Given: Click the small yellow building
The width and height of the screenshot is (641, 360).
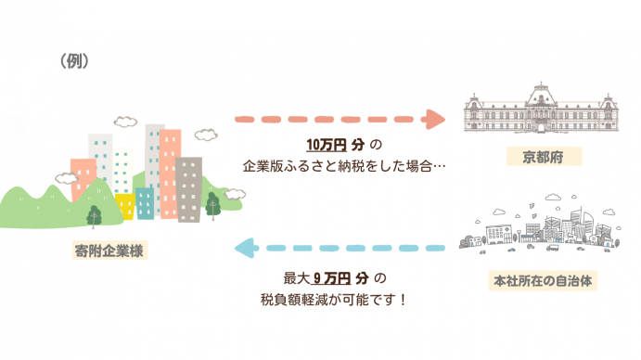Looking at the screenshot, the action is (126, 207).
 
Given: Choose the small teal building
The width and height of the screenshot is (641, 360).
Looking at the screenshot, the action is (145, 201).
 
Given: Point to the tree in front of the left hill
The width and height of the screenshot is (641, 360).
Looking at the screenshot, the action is (94, 216).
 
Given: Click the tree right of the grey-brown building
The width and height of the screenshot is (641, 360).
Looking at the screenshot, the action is (213, 206).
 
